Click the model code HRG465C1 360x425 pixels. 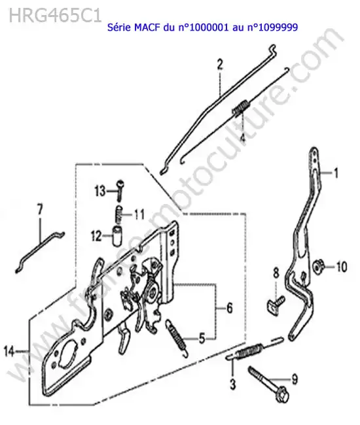click(56, 16)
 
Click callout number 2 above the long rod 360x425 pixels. click(220, 65)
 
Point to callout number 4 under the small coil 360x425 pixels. click(243, 137)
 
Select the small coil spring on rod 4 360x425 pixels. click(240, 107)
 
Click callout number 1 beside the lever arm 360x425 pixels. click(336, 173)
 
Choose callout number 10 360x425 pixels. click(342, 267)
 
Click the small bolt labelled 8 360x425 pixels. click(276, 305)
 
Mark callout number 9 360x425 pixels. click(295, 379)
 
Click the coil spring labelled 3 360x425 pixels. click(249, 352)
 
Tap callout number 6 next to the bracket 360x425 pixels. click(230, 308)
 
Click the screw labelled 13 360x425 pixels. click(120, 190)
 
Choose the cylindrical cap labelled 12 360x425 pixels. click(117, 236)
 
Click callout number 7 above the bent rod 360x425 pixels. click(40, 209)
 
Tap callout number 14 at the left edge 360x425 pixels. click(9, 351)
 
